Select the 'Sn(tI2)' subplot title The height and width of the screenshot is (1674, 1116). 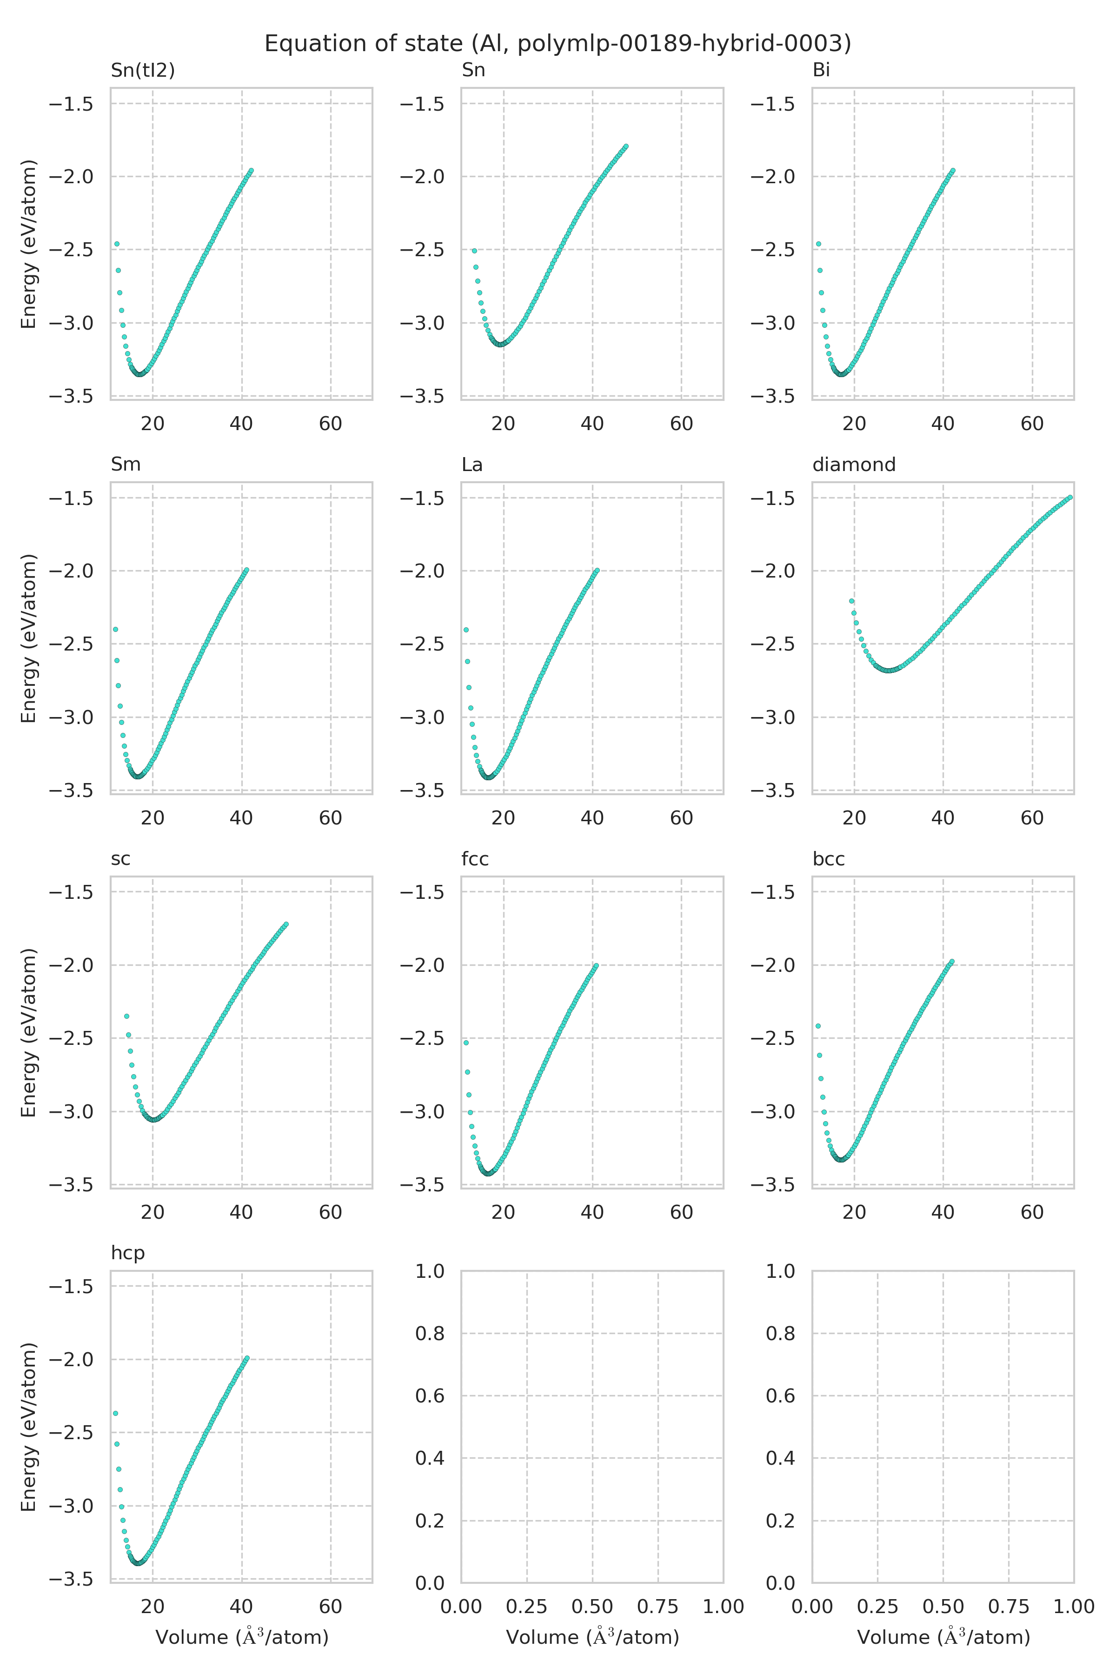click(x=142, y=71)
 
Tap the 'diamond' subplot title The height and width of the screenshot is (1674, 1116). click(x=853, y=465)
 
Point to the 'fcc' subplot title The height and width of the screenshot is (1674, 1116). click(x=475, y=859)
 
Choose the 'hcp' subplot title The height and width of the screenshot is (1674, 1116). click(x=127, y=1253)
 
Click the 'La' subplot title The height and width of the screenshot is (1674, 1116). click(x=472, y=465)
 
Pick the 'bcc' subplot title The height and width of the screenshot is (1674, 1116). click(x=829, y=859)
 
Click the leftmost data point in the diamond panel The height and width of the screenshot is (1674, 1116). click(x=851, y=601)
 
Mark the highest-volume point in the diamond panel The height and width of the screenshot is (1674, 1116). click(x=1070, y=498)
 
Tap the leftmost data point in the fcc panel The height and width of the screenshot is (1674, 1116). click(x=466, y=1043)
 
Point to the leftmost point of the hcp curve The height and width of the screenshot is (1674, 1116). click(x=115, y=1413)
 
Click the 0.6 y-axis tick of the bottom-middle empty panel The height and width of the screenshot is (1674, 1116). click(x=430, y=1395)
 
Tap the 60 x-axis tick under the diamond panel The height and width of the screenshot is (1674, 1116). click(x=1032, y=818)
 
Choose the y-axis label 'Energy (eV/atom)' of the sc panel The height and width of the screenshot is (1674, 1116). click(x=28, y=1032)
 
